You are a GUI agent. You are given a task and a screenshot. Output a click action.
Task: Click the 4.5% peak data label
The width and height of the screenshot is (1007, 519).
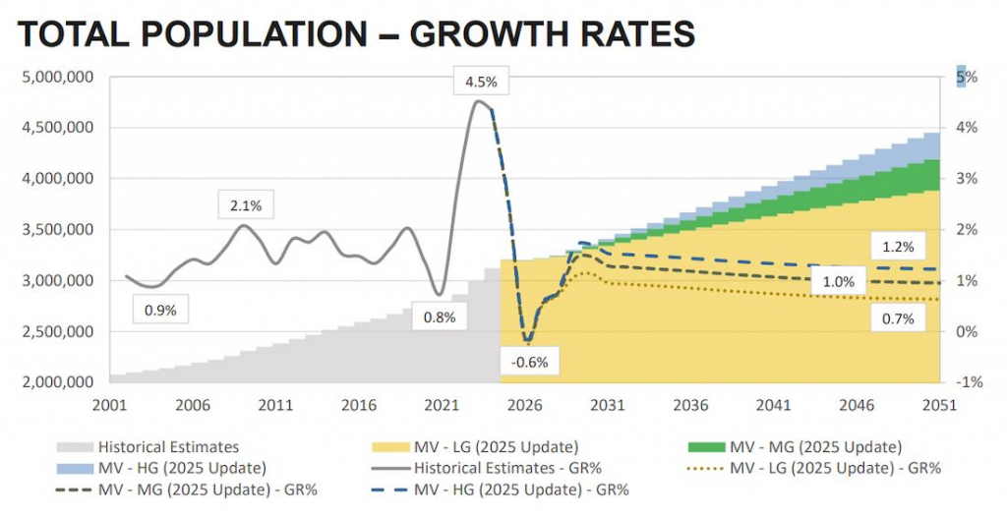481,82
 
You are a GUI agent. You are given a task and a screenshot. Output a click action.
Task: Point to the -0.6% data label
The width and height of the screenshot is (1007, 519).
529,362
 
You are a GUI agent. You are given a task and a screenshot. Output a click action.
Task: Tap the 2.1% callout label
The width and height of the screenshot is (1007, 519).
246,205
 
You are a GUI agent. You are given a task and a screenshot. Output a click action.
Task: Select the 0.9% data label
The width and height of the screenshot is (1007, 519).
159,310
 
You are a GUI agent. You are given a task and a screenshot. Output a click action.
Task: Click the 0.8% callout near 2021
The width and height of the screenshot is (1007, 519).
440,317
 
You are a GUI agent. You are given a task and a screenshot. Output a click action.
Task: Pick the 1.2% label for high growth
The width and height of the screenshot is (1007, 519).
898,247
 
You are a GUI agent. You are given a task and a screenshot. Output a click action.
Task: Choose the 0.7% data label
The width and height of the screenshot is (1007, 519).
898,318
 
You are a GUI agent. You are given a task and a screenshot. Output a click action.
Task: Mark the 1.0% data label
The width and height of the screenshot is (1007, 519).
838,282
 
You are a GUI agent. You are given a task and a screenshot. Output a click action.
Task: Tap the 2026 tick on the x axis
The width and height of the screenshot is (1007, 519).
526,405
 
